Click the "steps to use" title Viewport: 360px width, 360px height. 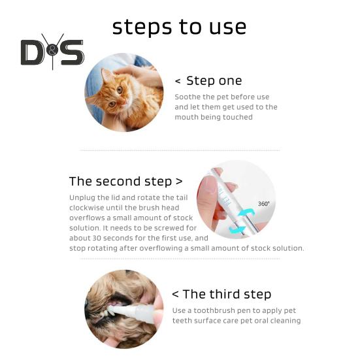[179, 27]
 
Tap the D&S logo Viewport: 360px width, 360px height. [52, 52]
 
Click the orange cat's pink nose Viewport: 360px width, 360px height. [124, 102]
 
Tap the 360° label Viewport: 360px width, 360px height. [263, 204]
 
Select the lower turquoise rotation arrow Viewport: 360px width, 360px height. [237, 229]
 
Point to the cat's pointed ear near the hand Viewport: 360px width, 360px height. [106, 75]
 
